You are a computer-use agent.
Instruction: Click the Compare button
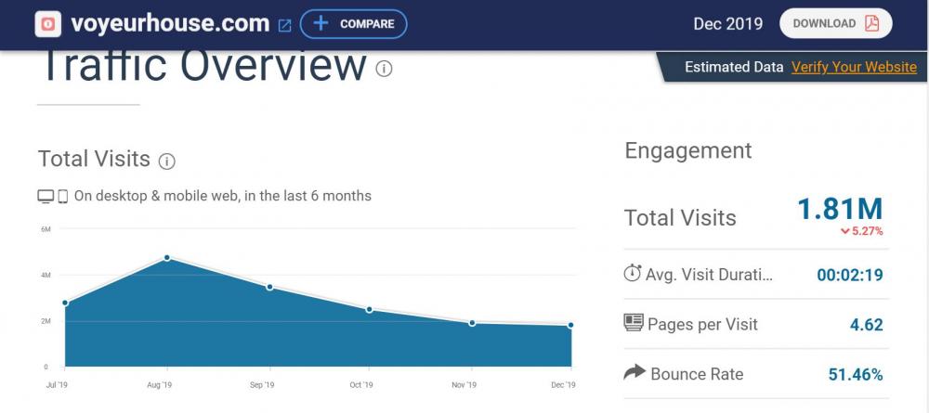353,24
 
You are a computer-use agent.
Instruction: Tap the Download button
835,24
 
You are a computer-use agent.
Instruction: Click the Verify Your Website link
854,67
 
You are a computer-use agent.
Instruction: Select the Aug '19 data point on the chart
166,257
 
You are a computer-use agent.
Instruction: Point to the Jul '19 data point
65,303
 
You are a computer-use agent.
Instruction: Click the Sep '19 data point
268,287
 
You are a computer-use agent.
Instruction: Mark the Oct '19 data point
370,309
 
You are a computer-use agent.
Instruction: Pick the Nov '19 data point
472,323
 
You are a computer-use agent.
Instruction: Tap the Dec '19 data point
570,325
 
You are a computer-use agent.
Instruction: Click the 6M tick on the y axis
45,229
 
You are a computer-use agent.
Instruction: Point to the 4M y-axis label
45,275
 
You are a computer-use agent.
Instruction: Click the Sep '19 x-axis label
262,385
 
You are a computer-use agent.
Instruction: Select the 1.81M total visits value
840,210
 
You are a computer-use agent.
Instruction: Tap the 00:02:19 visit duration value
849,275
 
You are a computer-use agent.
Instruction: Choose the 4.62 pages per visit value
866,325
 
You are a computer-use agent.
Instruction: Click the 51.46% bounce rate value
855,375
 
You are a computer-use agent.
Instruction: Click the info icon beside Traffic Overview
384,69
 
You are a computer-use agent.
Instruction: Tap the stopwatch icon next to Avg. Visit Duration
633,274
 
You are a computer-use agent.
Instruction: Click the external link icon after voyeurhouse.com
284,25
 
